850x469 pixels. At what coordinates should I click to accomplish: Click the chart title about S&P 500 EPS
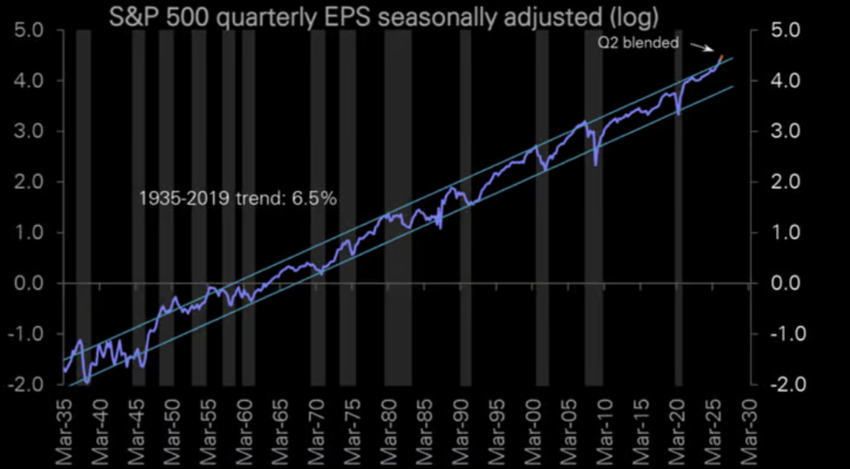tap(384, 18)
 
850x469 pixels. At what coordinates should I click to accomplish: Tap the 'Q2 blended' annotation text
tap(639, 44)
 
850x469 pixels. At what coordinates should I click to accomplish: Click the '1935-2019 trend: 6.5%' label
tap(237, 199)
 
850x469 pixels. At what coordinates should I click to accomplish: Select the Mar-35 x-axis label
tap(64, 430)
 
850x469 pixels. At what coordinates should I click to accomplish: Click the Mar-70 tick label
tap(316, 430)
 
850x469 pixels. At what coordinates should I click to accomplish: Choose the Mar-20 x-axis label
tap(677, 430)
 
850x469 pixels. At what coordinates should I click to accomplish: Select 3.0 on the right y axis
tap(785, 132)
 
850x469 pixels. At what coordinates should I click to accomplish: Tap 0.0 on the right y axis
tap(785, 283)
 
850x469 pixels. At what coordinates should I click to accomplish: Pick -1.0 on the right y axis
tap(781, 334)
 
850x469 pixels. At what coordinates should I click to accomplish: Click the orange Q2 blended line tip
tap(721, 56)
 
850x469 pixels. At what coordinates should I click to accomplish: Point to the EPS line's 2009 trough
tap(595, 165)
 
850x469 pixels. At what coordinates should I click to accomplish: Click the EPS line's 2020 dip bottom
tap(679, 114)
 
